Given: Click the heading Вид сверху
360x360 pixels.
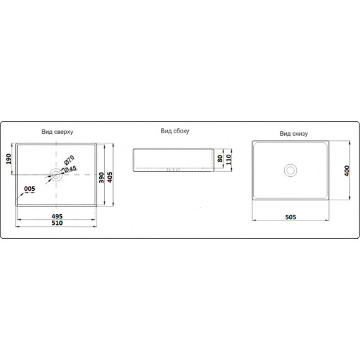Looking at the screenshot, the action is pos(57,132).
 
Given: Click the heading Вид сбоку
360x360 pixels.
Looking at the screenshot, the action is pos(175,131).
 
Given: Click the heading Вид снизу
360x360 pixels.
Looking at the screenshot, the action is pos(294,133).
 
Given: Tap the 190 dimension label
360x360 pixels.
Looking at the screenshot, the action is pos(8,159).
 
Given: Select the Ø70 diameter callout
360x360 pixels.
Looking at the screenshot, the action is pos(69,160).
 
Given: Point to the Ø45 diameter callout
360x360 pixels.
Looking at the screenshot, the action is pos(70,169).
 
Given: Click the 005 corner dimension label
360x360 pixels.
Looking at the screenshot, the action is pos(30,189).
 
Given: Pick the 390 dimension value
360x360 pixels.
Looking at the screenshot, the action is pos(101,177).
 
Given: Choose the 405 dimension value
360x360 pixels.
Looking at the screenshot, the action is pos(110,177).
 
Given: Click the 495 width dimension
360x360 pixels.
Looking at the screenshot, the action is pos(57,216).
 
